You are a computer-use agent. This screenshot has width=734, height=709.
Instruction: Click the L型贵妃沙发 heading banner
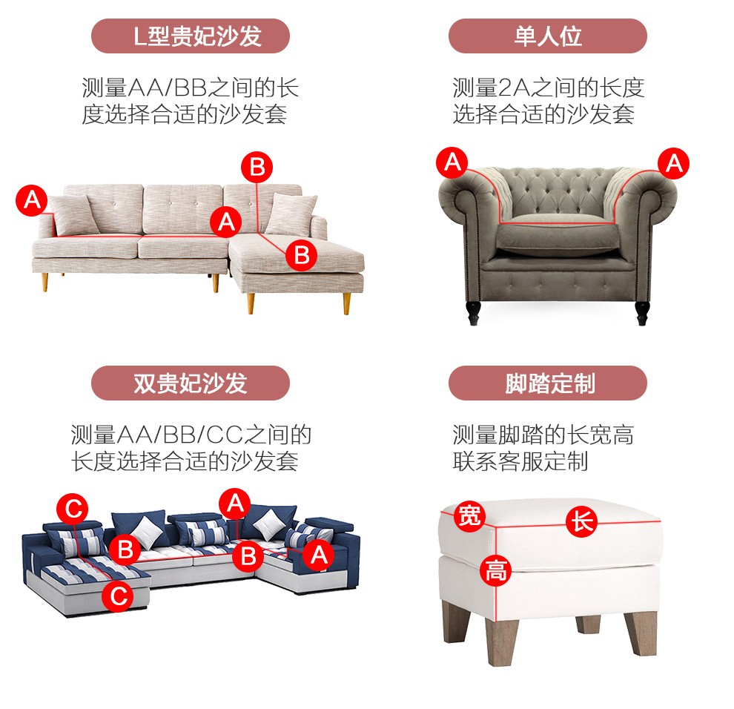(x=190, y=36)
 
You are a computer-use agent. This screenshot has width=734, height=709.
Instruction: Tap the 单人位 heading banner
(x=548, y=36)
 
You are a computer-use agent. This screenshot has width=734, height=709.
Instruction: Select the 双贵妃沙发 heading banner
(x=190, y=383)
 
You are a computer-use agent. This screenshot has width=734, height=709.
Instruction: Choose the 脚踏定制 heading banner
(x=548, y=383)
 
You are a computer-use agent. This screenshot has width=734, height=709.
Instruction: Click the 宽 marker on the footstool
(x=469, y=516)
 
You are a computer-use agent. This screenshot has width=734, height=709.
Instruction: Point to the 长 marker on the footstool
(x=581, y=521)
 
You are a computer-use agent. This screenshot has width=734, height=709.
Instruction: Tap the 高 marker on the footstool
(x=495, y=570)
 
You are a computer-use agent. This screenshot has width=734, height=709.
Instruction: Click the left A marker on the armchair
(x=452, y=162)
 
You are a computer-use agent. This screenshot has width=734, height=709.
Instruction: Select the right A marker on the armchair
(x=674, y=163)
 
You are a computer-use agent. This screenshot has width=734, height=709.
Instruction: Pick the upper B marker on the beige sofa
(x=257, y=167)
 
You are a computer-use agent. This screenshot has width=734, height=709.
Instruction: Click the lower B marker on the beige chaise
(x=302, y=255)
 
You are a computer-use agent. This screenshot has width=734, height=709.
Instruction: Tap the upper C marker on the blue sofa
(x=73, y=509)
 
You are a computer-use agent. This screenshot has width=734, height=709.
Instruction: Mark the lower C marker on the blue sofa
(x=117, y=596)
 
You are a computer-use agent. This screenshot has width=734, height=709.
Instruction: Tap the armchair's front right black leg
(x=642, y=313)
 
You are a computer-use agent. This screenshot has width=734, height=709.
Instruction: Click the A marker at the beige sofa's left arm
(x=31, y=200)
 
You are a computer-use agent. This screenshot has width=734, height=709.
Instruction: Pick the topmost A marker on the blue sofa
(x=235, y=504)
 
